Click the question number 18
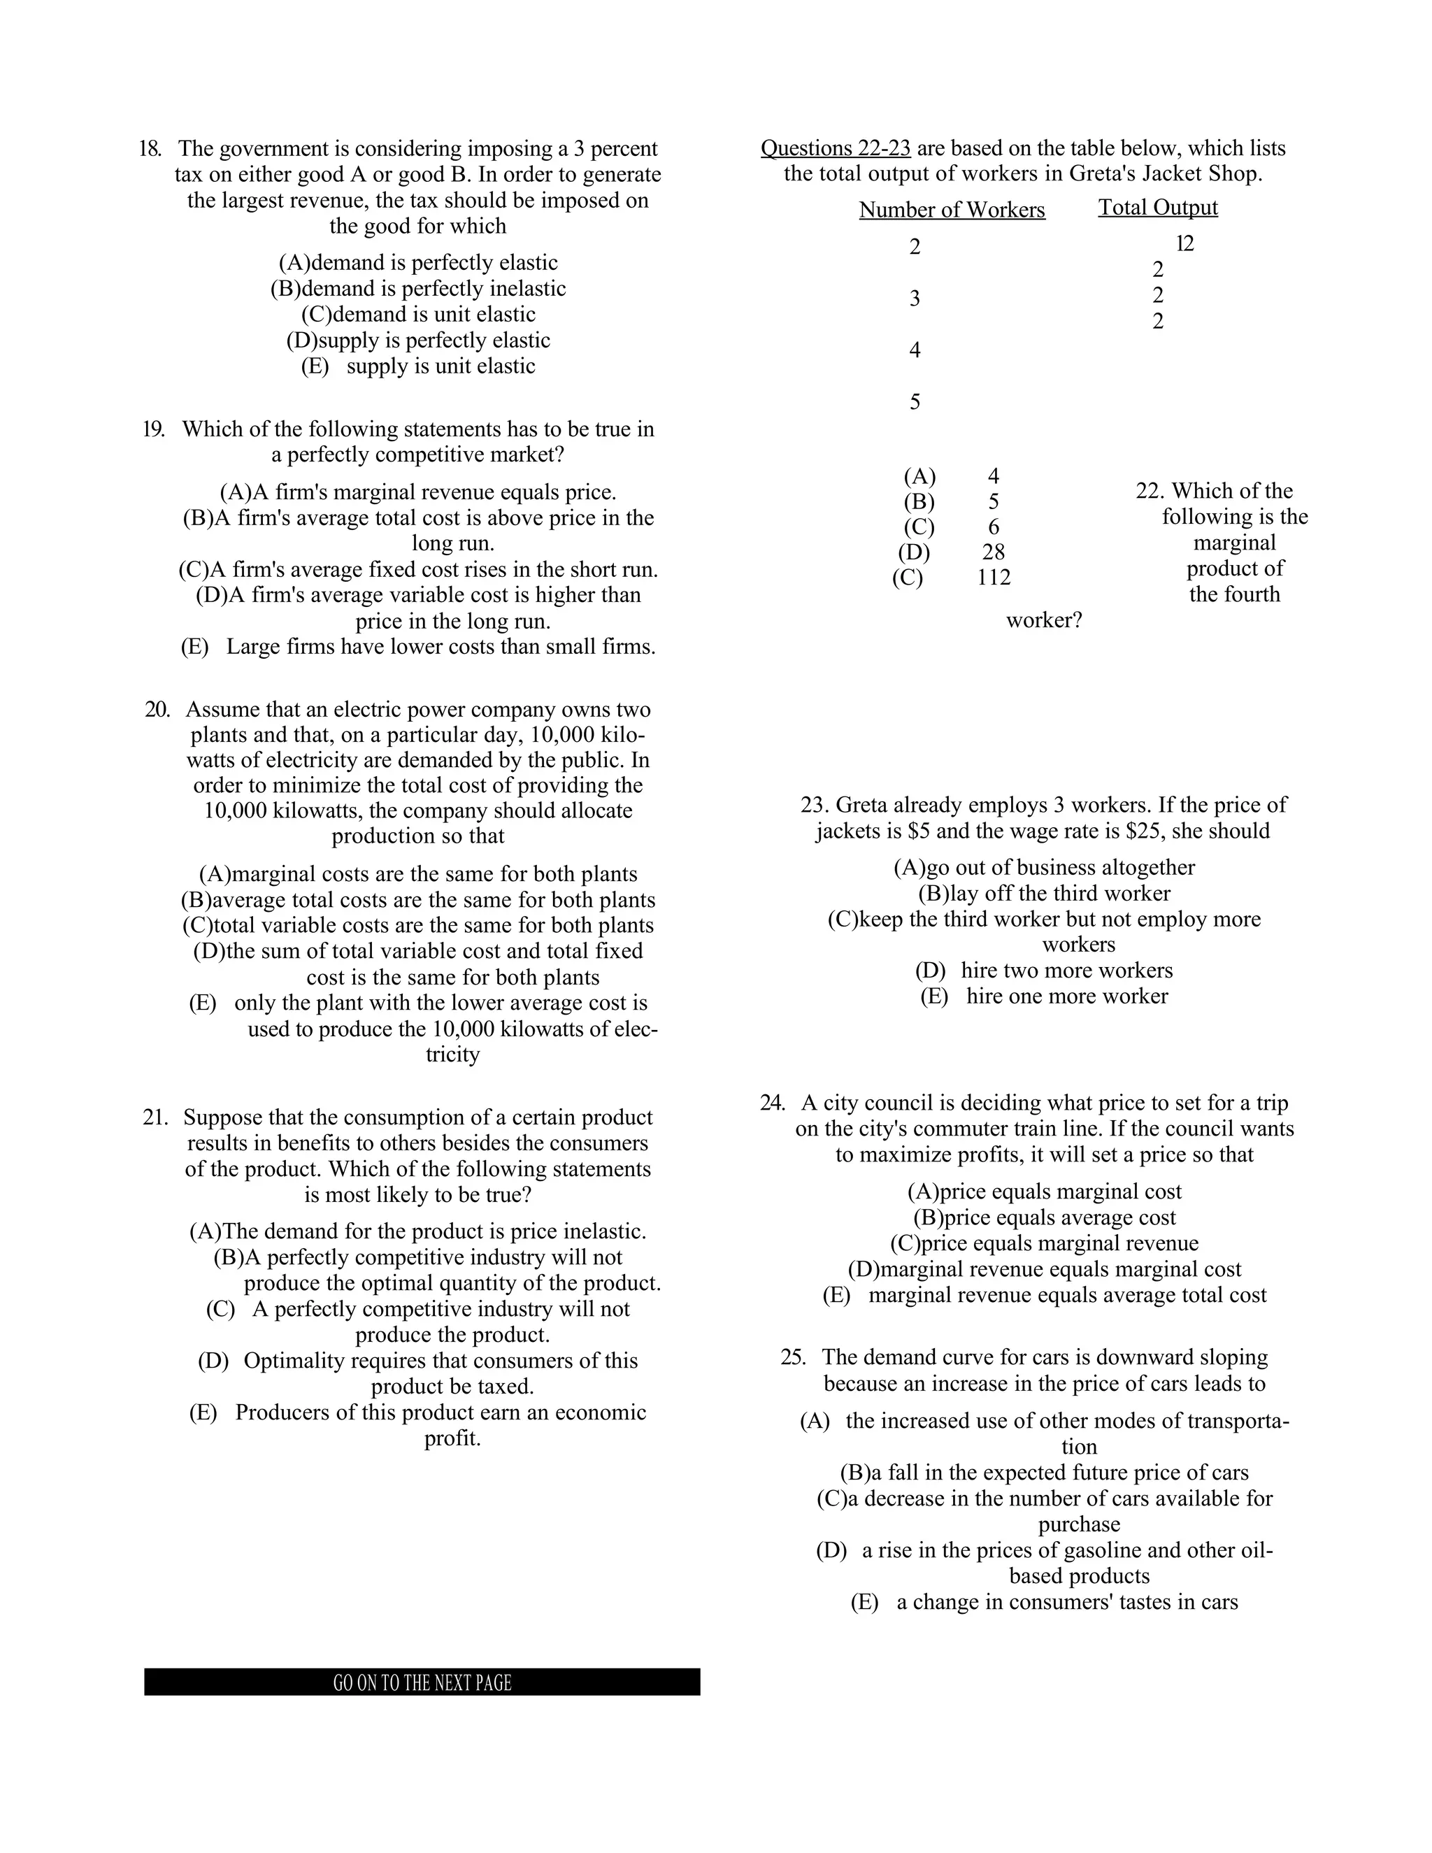click(x=150, y=150)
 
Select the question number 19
click(x=154, y=429)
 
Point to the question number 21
click(x=155, y=1117)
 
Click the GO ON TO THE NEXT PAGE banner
click(x=422, y=1682)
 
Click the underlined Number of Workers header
click(x=952, y=210)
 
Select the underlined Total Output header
click(x=1158, y=208)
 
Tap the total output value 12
click(x=1185, y=244)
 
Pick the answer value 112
click(x=994, y=578)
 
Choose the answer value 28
click(x=994, y=552)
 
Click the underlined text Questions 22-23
click(x=836, y=148)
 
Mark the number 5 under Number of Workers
click(x=915, y=402)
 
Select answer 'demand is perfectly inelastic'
click(x=418, y=289)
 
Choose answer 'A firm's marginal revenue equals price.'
click(x=418, y=492)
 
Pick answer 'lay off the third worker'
click(x=1045, y=894)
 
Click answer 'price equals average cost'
click(x=1045, y=1217)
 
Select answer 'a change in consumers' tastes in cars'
click(x=1045, y=1602)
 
